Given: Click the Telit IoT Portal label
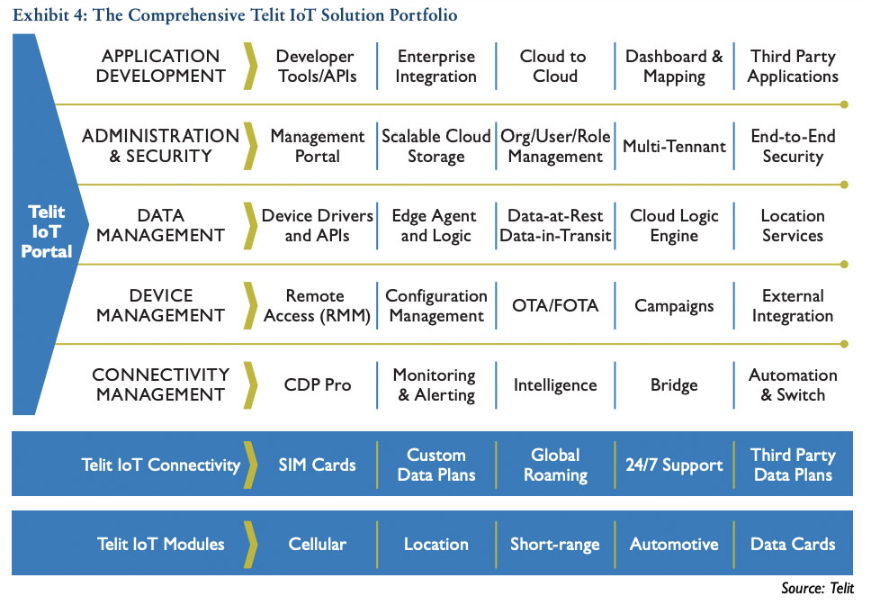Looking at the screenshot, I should point(47,232).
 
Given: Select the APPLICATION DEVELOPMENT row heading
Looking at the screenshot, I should point(161,67).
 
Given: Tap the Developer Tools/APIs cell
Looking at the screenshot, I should point(315,67).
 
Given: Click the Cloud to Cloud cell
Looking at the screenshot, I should point(554,67).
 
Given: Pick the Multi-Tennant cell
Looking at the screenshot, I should point(674,147).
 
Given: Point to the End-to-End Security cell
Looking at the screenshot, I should point(793,147).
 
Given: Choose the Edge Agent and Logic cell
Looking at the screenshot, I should point(435,226).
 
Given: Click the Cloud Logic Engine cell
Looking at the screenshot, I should point(674,226).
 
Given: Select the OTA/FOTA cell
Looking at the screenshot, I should point(554,306).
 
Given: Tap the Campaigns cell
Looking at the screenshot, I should point(674,306).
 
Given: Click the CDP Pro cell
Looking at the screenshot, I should point(317,385).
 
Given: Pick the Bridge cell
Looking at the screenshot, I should point(674,385).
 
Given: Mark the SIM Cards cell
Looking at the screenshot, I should point(317,465).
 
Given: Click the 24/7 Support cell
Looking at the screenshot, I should point(674,465).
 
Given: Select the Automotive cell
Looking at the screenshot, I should point(674,544).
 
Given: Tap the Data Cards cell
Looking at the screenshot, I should point(793,544).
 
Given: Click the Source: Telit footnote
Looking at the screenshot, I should point(816,588).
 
